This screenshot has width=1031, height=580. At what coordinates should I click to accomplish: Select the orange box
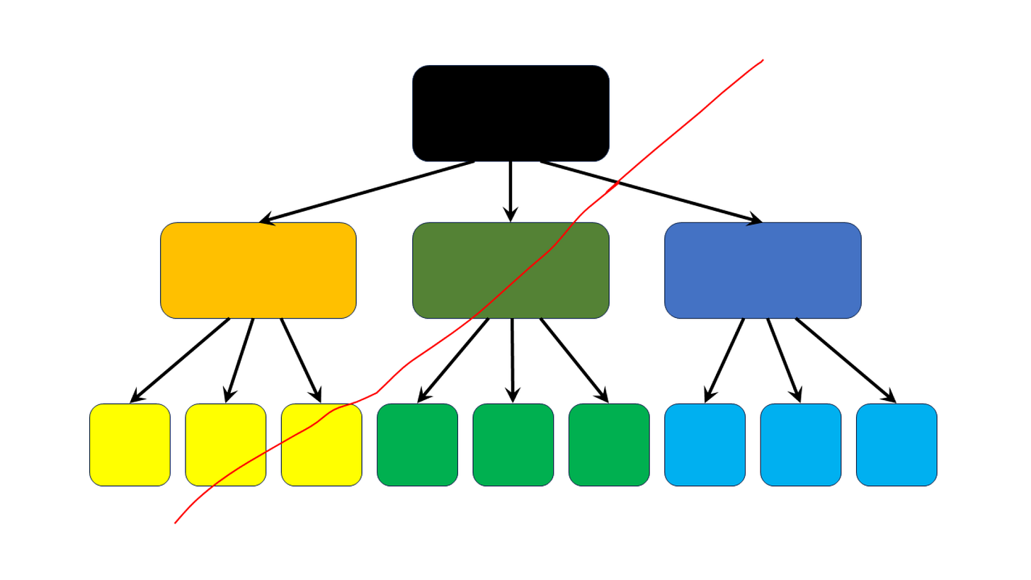[258, 271]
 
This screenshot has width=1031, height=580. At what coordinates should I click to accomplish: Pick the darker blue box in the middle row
[763, 271]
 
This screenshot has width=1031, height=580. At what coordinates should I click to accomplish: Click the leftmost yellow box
[130, 445]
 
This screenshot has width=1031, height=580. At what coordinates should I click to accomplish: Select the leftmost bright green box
[417, 445]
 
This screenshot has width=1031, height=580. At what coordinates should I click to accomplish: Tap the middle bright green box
[513, 445]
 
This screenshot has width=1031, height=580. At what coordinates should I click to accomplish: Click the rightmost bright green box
[609, 445]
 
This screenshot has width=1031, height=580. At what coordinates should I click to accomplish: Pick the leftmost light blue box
[705, 445]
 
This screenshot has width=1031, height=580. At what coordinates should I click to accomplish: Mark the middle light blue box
[801, 445]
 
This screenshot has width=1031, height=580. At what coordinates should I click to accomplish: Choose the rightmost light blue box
[896, 445]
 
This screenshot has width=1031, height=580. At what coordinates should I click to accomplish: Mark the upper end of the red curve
[763, 60]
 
